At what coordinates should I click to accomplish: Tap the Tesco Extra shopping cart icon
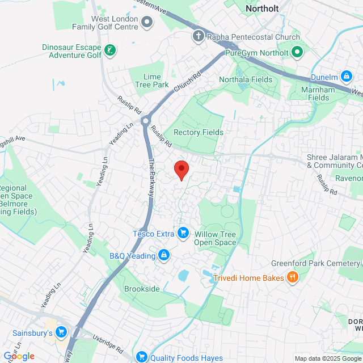[x=183, y=233]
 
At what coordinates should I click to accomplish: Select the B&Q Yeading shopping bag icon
[x=164, y=256]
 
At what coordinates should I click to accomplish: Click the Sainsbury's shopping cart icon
[x=61, y=332]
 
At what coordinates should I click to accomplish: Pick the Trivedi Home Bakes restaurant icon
[x=293, y=277]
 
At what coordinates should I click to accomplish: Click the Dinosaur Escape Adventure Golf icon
[x=109, y=52]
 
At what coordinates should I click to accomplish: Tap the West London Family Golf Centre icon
[x=147, y=22]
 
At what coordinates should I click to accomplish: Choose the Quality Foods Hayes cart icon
[x=141, y=357]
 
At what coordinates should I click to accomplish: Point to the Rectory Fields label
[x=199, y=132]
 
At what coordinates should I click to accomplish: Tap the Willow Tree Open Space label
[x=215, y=238]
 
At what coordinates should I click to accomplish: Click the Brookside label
[x=142, y=289]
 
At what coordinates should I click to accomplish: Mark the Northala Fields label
[x=246, y=80]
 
